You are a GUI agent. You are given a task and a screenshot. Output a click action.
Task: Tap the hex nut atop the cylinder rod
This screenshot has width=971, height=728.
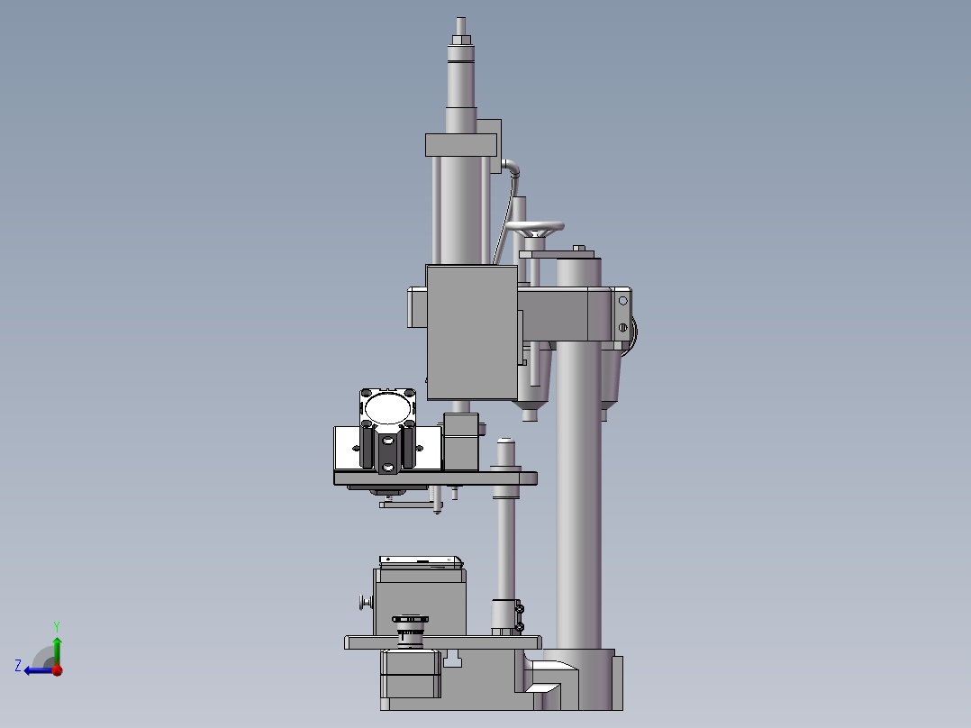tap(460, 38)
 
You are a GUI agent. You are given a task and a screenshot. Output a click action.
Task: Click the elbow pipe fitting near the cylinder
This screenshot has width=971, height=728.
tap(513, 166)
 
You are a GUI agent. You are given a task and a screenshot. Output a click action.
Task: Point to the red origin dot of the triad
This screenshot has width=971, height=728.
tap(57, 669)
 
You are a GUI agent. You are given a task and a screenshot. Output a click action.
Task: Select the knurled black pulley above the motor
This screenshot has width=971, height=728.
tap(410, 621)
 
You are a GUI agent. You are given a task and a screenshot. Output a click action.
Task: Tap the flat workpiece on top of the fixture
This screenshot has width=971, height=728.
tap(420, 561)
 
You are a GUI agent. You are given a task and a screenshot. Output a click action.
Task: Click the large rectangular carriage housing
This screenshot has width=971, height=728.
tap(471, 332)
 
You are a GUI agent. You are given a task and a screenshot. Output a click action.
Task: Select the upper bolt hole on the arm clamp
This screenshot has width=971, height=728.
tap(622, 300)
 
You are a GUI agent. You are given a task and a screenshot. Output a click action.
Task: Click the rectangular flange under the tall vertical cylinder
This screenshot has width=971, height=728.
tap(460, 145)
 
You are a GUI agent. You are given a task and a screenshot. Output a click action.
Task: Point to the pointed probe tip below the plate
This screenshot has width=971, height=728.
tap(438, 513)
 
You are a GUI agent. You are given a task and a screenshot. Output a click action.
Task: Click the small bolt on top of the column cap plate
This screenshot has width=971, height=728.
tap(579, 248)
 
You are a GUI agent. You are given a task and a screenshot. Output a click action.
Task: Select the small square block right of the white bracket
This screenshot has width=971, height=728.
tap(460, 441)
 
